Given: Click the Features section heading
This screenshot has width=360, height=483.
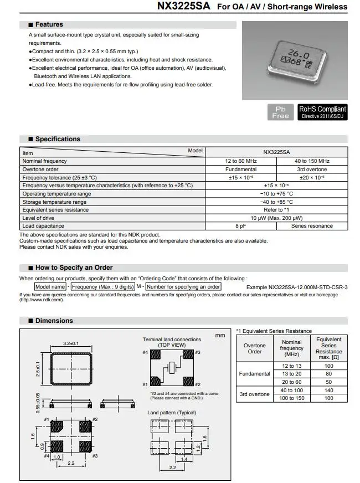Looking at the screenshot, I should pos(49,24).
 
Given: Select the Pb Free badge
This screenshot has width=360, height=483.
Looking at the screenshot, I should pos(281,112).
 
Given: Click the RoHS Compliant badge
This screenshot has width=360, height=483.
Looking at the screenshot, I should pos(322,112).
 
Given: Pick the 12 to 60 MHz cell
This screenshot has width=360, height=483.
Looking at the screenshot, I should pos(240,161).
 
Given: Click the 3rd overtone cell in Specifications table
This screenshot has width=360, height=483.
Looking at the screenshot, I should pos(312,169).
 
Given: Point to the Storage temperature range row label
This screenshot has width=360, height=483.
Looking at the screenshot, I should pos(54,202).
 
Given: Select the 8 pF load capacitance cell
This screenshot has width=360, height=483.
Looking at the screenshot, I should pos(240,226).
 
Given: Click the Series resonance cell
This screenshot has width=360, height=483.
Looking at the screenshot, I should pos(312,226).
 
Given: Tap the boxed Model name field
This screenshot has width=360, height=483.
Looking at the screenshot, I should pos(50,286).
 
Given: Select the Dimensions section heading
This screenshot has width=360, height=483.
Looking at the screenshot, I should pos(54,321).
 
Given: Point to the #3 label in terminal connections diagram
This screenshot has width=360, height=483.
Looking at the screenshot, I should pos(198,352).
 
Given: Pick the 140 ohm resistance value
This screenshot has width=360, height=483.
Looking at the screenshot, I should pos(329,390).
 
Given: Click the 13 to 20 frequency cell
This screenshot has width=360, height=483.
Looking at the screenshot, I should pos(292,374).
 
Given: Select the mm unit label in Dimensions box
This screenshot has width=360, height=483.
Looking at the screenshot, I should pos(220,335).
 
